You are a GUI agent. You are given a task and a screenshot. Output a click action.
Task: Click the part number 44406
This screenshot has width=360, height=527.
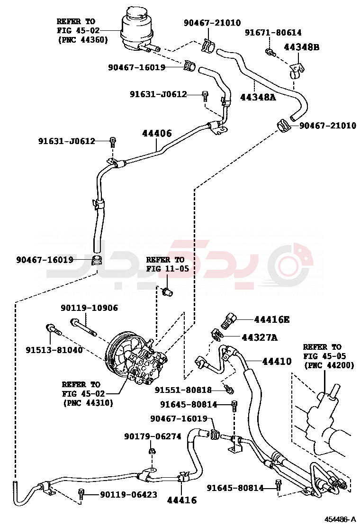[157, 134]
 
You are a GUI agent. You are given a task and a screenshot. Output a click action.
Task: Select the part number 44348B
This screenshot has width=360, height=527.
[302, 47]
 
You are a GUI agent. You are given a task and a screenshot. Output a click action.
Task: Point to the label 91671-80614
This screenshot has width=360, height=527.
[273, 33]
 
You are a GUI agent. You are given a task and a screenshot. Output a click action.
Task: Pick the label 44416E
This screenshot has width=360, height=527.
[271, 320]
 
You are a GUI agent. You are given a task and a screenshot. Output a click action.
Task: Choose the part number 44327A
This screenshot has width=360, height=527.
[259, 337]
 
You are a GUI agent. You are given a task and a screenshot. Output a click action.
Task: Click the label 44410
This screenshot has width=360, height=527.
[277, 362]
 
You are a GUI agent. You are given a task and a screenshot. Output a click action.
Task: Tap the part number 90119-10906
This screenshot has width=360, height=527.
[89, 308]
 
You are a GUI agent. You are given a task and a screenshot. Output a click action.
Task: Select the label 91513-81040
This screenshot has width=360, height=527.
[54, 350]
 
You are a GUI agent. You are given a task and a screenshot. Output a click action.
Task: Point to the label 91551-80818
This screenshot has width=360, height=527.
[183, 390]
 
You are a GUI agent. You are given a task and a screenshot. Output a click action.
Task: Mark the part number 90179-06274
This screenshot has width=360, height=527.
[153, 436]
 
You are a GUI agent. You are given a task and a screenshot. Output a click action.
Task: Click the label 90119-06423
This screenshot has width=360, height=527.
[128, 494]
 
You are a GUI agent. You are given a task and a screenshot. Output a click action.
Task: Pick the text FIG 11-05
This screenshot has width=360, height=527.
[167, 268]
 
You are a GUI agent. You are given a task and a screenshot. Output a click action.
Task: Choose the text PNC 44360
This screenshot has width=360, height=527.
[83, 40]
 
